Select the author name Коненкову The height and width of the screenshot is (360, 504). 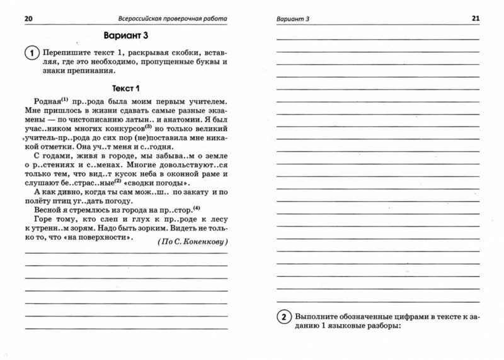point(205,242)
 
